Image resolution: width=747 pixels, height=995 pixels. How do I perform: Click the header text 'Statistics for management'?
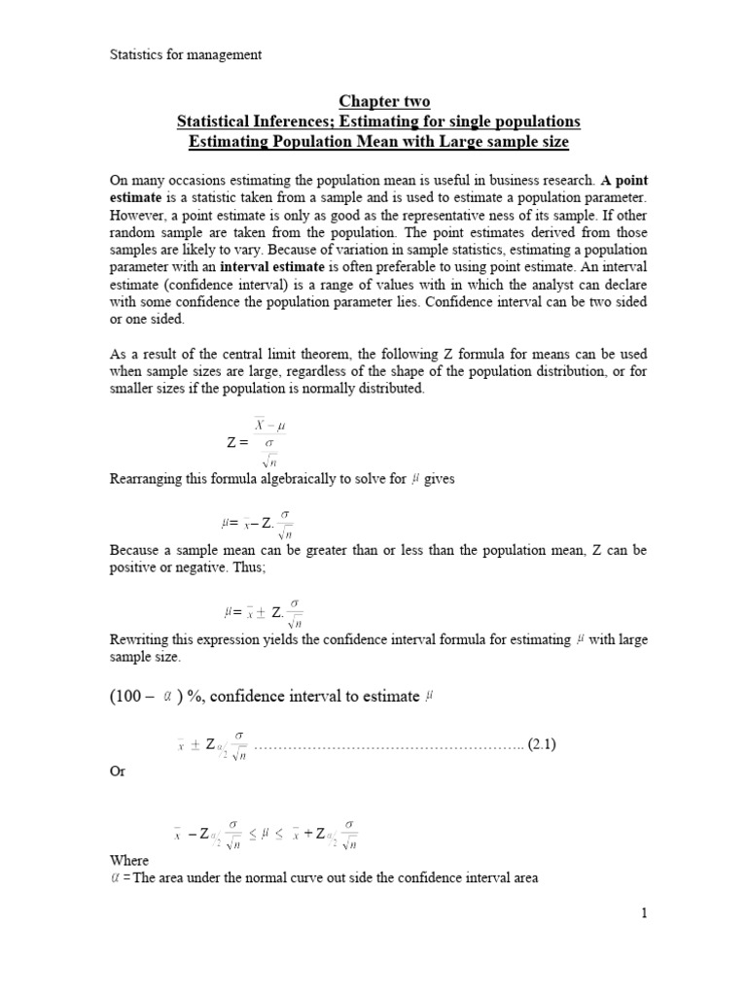pos(185,55)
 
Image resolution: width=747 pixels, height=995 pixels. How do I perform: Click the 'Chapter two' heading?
pos(383,102)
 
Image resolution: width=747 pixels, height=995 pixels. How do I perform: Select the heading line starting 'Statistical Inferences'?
pos(378,121)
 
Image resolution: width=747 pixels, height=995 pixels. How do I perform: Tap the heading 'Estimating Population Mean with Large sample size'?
pos(378,141)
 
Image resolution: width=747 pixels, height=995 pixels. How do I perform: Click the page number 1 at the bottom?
pos(643,912)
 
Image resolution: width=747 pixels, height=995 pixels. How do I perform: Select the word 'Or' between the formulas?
pos(117,771)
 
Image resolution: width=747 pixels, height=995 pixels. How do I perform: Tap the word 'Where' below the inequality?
pos(128,861)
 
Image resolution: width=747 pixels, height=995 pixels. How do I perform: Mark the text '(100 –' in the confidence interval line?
pos(132,696)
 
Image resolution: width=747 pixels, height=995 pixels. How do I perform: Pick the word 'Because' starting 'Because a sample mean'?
pos(135,551)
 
